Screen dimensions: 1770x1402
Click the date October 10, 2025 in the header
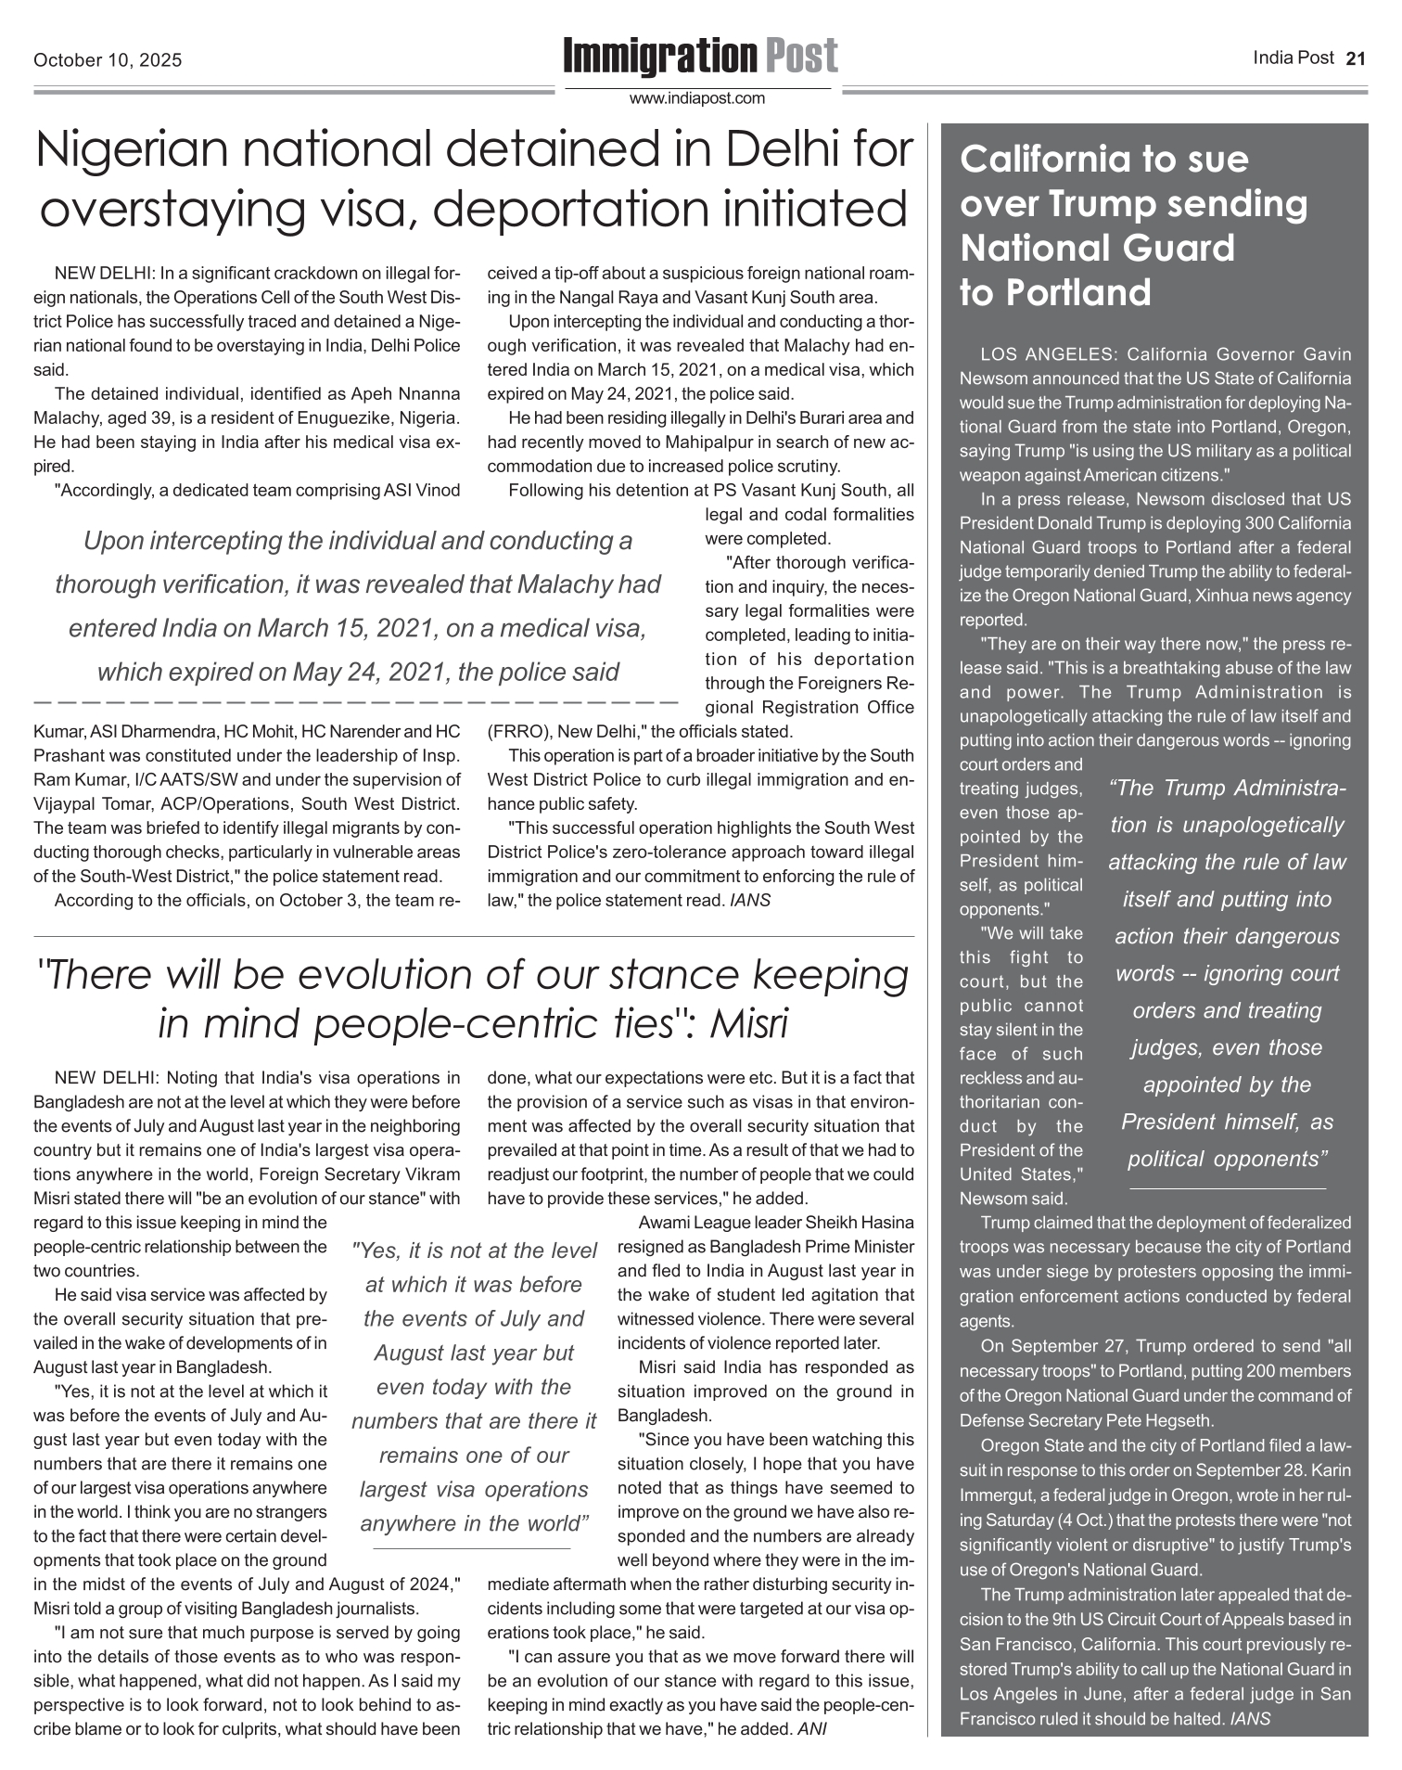pos(108,61)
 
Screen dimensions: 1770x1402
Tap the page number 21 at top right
pos(1356,58)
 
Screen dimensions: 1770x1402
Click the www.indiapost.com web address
pos(697,98)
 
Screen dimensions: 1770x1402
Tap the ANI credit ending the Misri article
pos(812,1729)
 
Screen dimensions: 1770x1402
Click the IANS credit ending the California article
pos(1249,1718)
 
